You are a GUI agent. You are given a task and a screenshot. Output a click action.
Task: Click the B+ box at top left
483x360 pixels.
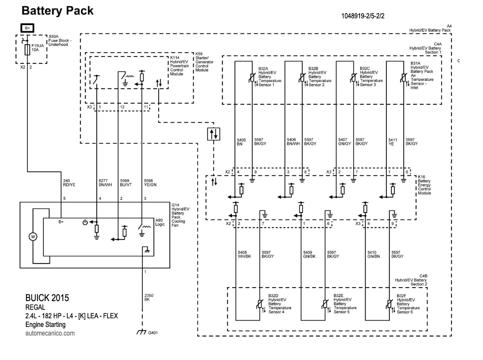click(27, 28)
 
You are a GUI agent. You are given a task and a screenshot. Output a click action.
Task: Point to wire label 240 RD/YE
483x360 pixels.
click(68, 183)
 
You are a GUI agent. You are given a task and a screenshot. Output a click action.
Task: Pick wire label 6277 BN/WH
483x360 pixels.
click(105, 183)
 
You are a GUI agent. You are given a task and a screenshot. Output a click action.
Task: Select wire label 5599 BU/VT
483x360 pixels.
click(127, 183)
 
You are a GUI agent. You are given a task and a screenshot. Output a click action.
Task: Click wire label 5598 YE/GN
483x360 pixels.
click(150, 183)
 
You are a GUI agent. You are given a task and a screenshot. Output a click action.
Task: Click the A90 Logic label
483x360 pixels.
click(160, 222)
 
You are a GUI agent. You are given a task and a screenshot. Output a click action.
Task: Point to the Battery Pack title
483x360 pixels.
click(58, 11)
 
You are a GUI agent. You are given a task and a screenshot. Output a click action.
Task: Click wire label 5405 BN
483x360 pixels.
click(241, 142)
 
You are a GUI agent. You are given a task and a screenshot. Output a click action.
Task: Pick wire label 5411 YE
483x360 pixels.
click(393, 142)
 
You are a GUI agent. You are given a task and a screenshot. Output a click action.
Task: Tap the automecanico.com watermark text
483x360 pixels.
click(50, 333)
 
